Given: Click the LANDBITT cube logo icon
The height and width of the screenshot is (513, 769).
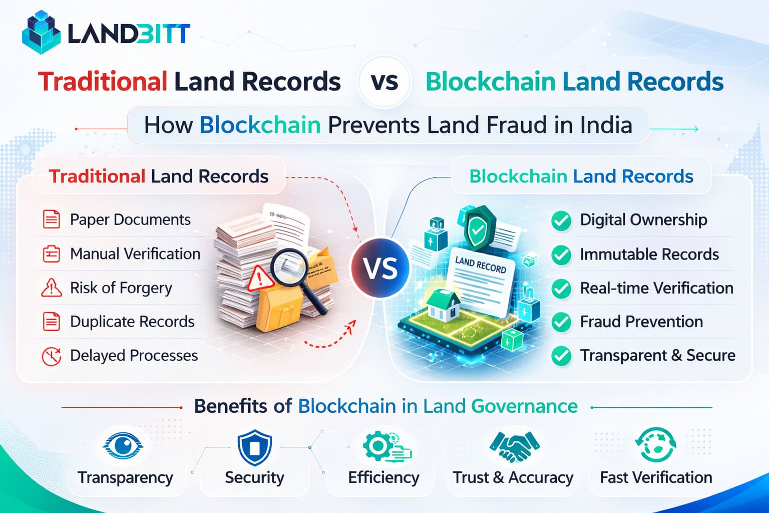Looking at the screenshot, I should pos(41,33).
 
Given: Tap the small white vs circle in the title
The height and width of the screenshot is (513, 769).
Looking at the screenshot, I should pos(384,82).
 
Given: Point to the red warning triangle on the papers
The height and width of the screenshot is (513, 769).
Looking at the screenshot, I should pos(259,277).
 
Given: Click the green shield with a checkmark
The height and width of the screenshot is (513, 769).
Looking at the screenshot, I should pos(478,228).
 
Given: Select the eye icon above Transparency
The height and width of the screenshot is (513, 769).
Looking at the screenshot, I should pos(123,445).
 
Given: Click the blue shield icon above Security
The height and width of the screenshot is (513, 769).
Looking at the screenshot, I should pos(254,447).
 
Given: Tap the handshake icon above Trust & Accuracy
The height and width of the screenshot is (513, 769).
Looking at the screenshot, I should pos(514,446).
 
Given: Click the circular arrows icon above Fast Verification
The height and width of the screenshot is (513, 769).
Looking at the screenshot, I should pos(655,445).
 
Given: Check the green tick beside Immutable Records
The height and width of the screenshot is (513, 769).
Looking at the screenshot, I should pos(561,254).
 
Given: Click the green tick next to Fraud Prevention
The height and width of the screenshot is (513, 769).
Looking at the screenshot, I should pos(561,322).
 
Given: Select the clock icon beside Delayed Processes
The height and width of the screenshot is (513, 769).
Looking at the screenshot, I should pos(51,356).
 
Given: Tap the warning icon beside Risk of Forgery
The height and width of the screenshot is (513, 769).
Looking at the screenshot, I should pos(51,288).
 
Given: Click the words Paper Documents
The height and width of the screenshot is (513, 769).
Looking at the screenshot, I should pos(130,220).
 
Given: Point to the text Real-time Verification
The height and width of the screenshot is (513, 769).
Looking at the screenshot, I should pos(656,288).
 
